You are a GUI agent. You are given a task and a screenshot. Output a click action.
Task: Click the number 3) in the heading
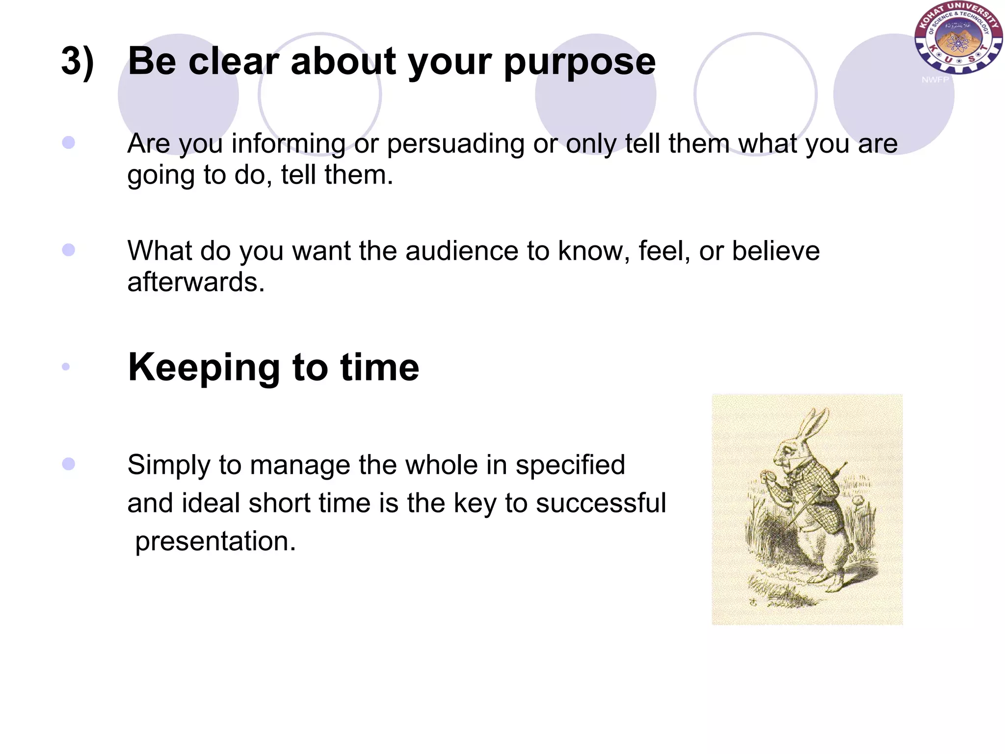pos(78,62)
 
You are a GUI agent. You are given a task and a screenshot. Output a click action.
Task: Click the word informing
pos(289,144)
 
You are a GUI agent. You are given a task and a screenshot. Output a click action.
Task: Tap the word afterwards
pos(196,283)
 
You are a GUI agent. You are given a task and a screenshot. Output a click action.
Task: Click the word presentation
pos(215,541)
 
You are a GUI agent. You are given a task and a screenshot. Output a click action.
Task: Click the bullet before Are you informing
pos(69,143)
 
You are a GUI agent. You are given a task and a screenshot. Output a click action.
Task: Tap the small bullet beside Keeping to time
pos(66,367)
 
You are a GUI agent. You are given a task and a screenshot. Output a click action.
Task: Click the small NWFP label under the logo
pos(935,80)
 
